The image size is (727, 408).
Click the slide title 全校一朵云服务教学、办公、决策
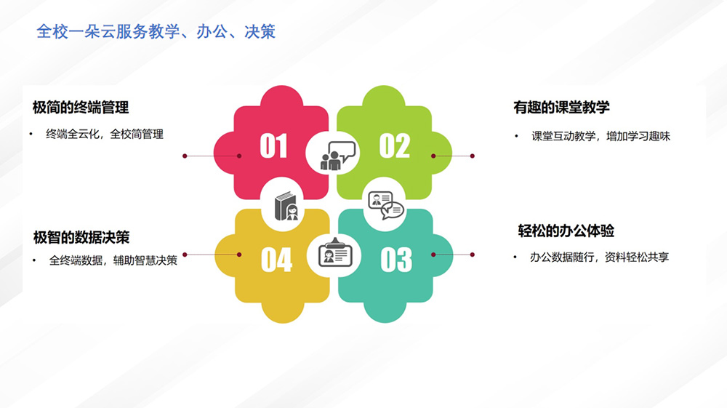(x=156, y=31)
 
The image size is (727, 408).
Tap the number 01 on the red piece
(x=273, y=145)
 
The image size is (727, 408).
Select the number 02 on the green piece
(x=395, y=145)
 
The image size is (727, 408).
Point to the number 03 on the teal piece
(x=396, y=260)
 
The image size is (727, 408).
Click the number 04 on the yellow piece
(x=276, y=260)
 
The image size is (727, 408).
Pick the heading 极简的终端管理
(x=81, y=108)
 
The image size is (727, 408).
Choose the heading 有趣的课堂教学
(x=561, y=108)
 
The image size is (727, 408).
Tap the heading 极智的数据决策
(x=81, y=237)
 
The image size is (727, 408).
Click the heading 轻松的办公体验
(x=566, y=231)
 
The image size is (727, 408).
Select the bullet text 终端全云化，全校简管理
(x=105, y=135)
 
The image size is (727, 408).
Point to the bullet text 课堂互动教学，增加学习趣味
(x=601, y=136)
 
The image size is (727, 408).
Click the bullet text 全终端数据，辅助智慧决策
(x=113, y=260)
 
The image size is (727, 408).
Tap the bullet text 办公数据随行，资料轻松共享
(x=600, y=257)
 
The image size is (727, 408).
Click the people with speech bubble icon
(x=337, y=156)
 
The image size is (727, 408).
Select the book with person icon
(x=286, y=206)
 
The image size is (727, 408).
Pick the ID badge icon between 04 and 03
(x=335, y=253)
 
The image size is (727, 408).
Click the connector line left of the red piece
(x=212, y=156)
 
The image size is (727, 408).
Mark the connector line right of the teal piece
(x=453, y=255)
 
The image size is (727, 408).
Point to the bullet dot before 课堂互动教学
(x=516, y=136)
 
